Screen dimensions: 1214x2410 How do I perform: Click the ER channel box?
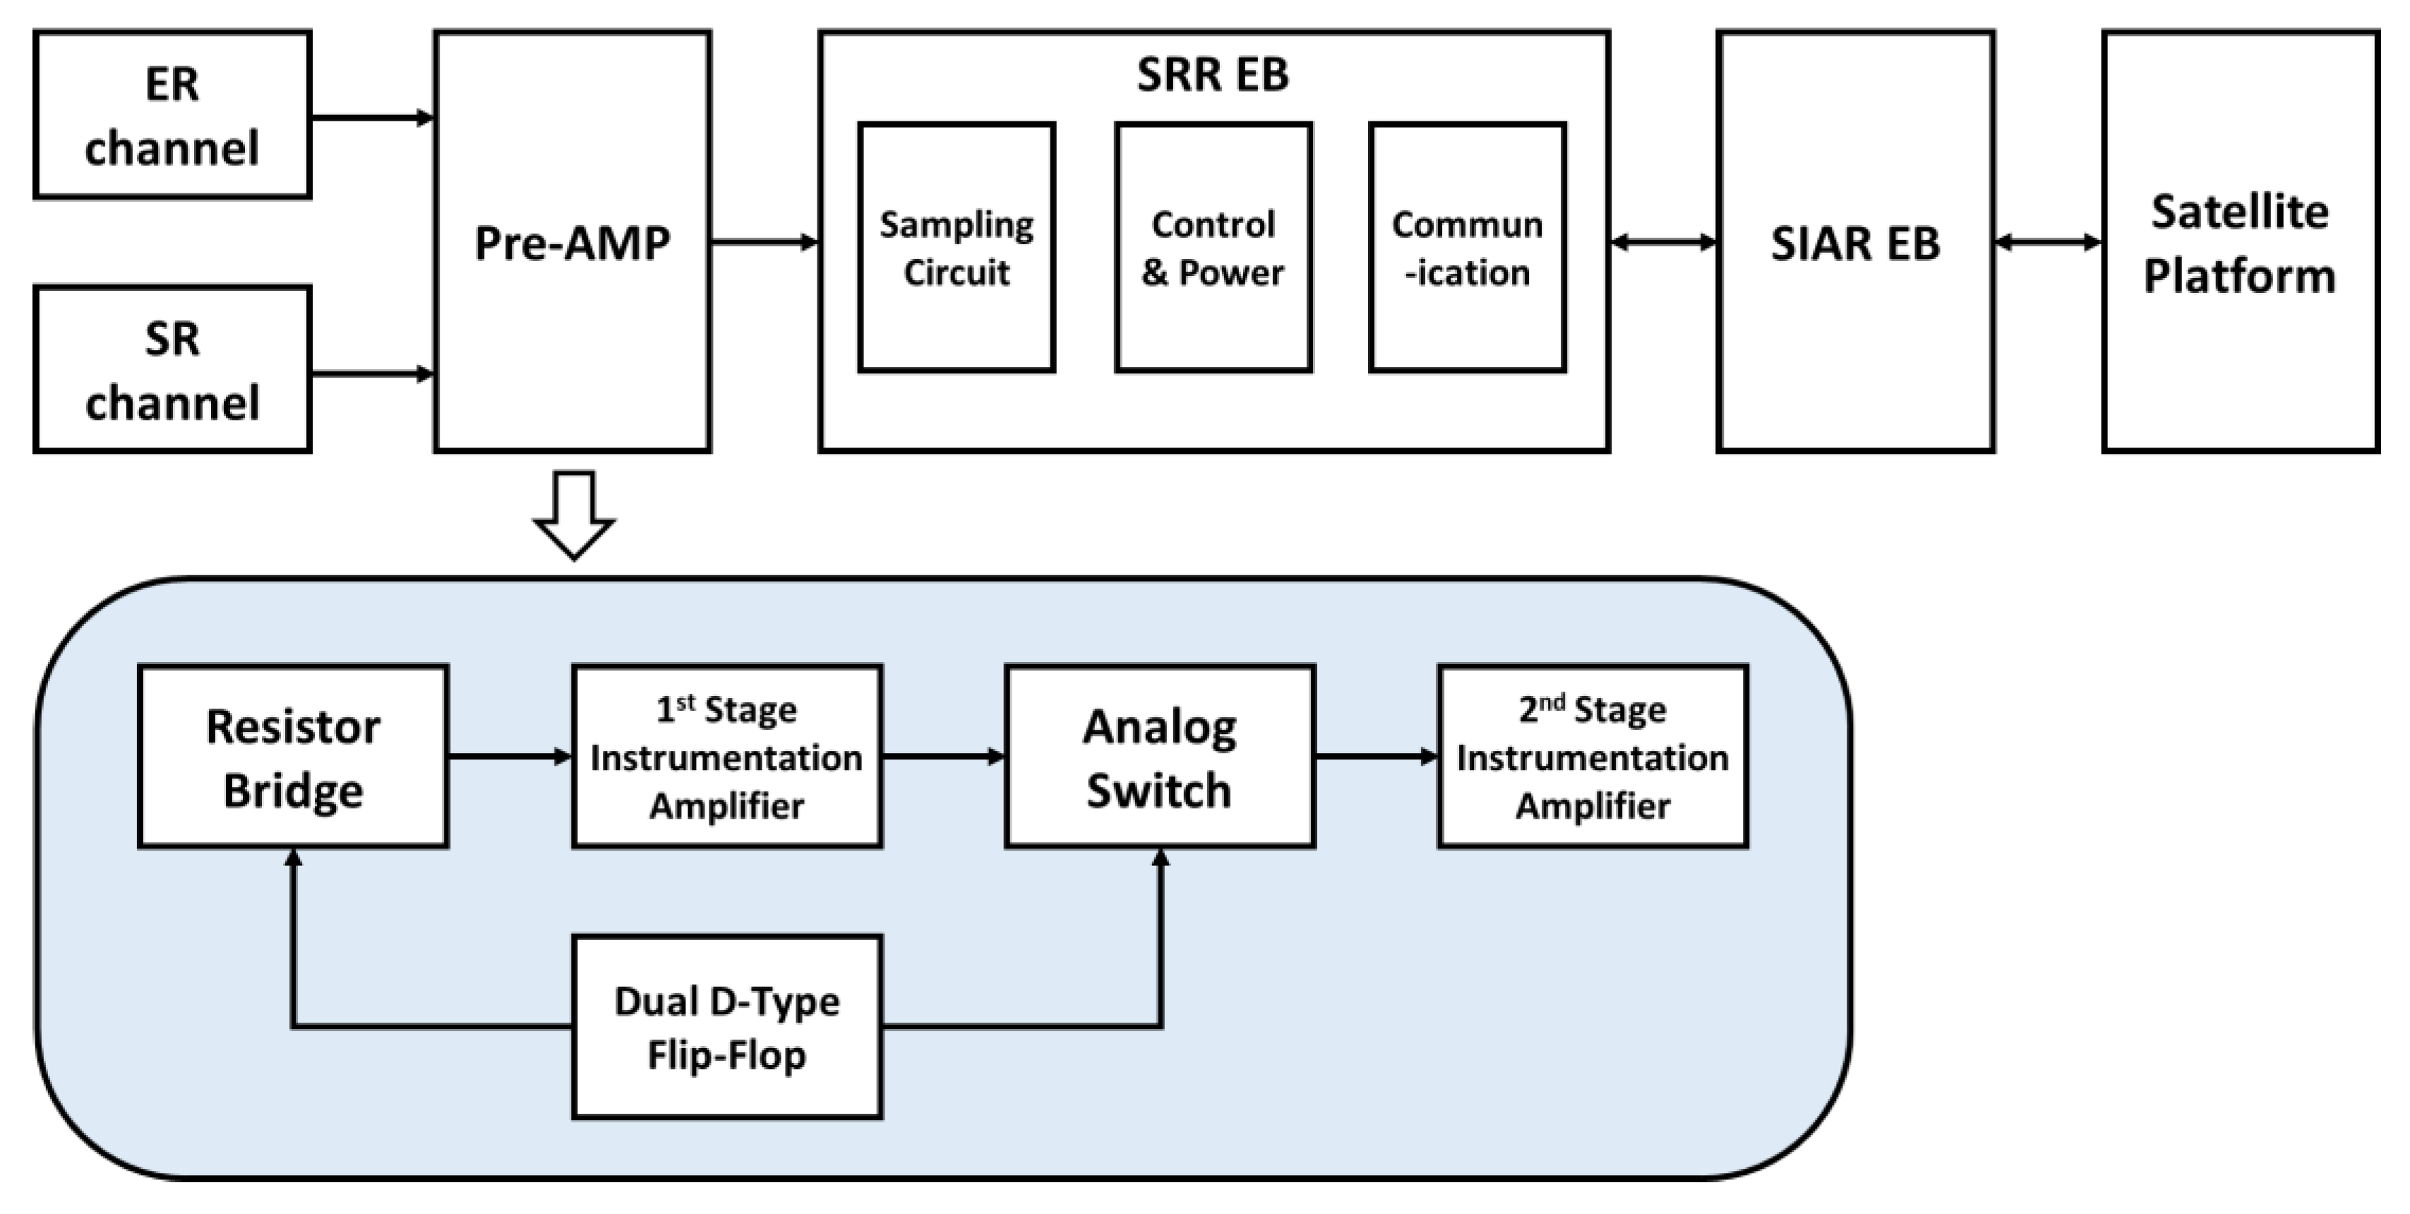pyautogui.click(x=172, y=115)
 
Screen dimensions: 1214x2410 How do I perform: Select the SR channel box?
pyautogui.click(x=172, y=369)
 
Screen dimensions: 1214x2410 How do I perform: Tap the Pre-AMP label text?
pyautogui.click(x=572, y=244)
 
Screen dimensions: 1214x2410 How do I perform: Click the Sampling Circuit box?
pyautogui.click(x=956, y=248)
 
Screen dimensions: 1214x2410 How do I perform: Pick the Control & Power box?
pyautogui.click(x=1213, y=248)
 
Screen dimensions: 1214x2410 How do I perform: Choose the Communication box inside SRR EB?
pyautogui.click(x=1467, y=248)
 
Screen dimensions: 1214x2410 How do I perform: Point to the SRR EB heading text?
pyautogui.click(x=1213, y=75)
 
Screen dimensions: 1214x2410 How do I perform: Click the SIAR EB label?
pyautogui.click(x=1855, y=244)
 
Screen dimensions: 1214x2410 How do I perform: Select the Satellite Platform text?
pyautogui.click(x=2240, y=244)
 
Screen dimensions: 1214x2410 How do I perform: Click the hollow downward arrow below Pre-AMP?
pyautogui.click(x=573, y=515)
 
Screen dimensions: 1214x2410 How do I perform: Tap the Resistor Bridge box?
pyautogui.click(x=293, y=757)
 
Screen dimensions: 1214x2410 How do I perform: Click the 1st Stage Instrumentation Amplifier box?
pyautogui.click(x=727, y=757)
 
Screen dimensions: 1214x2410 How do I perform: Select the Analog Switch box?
pyautogui.click(x=1160, y=757)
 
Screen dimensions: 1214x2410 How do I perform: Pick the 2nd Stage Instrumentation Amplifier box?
pyautogui.click(x=1593, y=757)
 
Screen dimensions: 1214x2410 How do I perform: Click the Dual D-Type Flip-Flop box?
pyautogui.click(x=727, y=1027)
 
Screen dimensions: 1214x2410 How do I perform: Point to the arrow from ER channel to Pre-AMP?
pyautogui.click(x=371, y=118)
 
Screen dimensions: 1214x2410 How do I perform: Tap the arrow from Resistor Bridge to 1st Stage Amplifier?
pyautogui.click(x=510, y=756)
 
